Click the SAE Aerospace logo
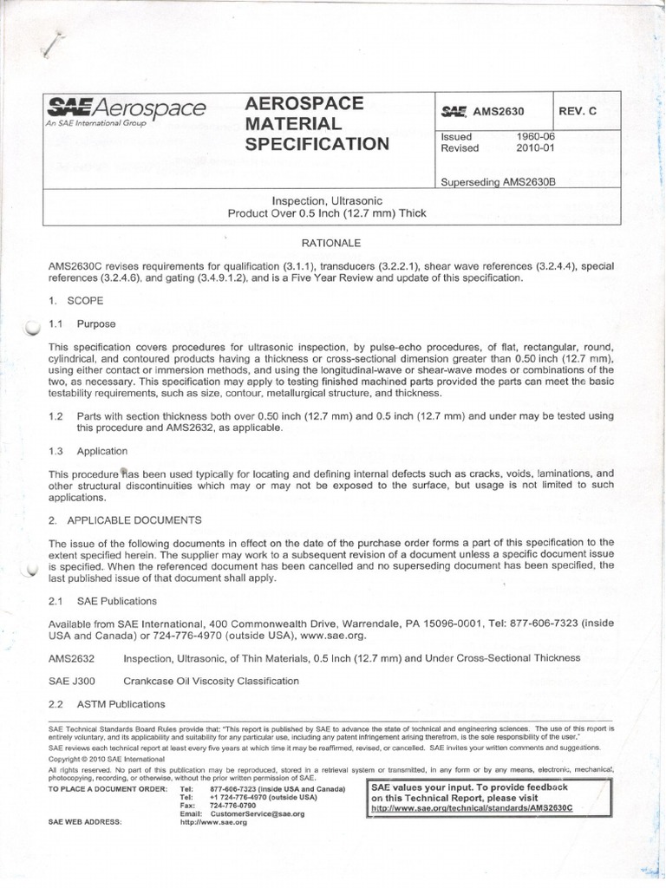pyautogui.click(x=126, y=110)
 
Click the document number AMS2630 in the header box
pyautogui.click(x=495, y=112)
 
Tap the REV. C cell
pyautogui.click(x=578, y=112)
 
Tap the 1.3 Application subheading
pyautogui.click(x=88, y=451)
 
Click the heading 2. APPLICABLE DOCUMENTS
pyautogui.click(x=125, y=519)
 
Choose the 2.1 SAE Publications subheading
pyautogui.click(x=102, y=600)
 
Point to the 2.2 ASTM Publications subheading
pyautogui.click(x=107, y=703)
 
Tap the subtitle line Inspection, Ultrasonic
pyautogui.click(x=327, y=200)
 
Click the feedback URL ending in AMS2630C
pyautogui.click(x=472, y=807)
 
